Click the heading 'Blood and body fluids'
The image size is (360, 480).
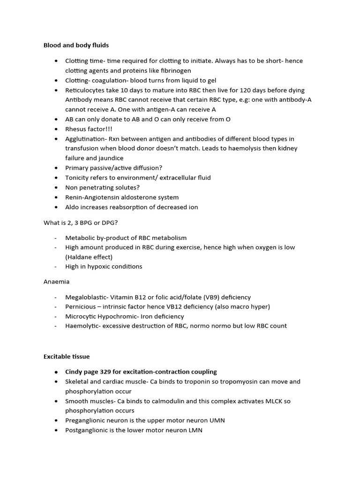coord(76,45)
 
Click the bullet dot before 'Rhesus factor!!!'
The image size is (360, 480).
coord(56,129)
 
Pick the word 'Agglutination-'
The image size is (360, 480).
coord(86,139)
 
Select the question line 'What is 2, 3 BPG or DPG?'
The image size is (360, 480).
coord(80,222)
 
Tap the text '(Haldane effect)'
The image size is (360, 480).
coord(89,257)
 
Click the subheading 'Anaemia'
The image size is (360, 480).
coord(56,282)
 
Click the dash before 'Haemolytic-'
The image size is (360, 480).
coord(56,326)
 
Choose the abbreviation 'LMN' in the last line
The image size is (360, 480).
coord(195,430)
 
